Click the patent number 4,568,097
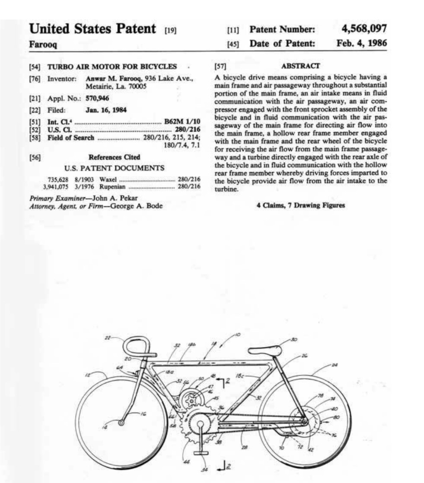click(363, 29)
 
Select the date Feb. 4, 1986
click(361, 43)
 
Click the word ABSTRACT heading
click(300, 66)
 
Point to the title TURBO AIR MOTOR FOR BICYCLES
click(112, 67)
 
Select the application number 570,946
click(97, 98)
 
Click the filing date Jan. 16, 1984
click(106, 110)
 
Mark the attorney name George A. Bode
click(137, 206)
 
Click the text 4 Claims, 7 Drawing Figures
click(300, 205)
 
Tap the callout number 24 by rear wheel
click(334, 366)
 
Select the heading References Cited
click(114, 157)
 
